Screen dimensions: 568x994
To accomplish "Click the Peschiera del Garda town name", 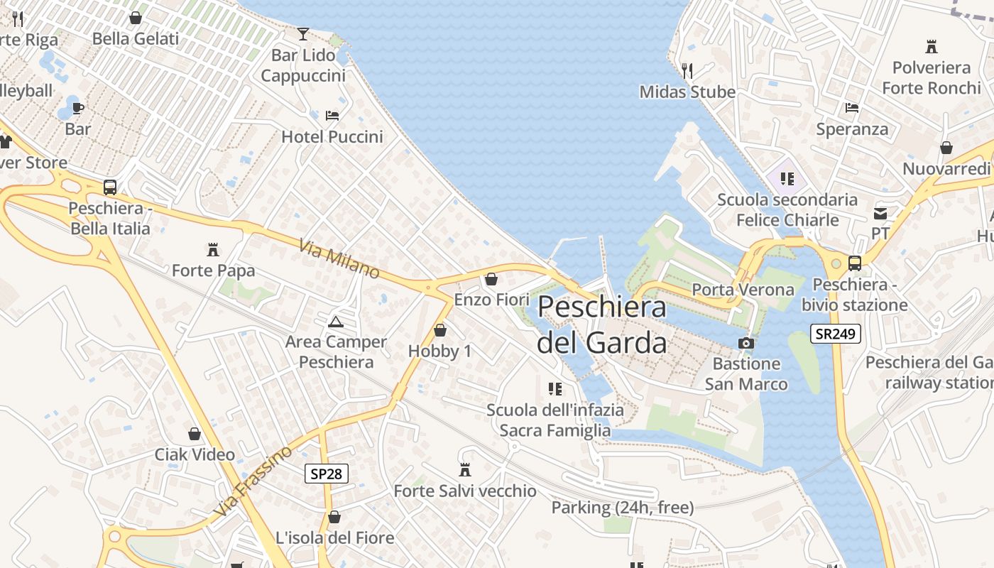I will tap(601, 324).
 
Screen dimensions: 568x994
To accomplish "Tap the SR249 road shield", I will tap(835, 334).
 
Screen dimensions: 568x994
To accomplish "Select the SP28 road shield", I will tap(327, 474).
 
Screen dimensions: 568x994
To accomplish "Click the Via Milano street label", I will tap(339, 259).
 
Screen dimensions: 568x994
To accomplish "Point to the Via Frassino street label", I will tap(252, 481).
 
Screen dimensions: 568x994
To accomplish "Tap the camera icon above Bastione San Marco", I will tap(745, 344).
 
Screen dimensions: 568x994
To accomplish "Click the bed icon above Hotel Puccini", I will tap(332, 115).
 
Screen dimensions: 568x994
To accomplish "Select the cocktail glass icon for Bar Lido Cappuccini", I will tap(303, 33).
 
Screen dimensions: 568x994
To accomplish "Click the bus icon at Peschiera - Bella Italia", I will tap(110, 187).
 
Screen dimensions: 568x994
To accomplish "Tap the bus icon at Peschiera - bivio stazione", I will tap(855, 263).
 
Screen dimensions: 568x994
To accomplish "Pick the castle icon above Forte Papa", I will tap(212, 249).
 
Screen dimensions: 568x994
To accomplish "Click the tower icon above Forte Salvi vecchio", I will tap(465, 469).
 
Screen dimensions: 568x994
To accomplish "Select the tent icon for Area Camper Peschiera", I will tap(336, 322).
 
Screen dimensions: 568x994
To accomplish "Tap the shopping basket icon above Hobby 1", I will tap(440, 330).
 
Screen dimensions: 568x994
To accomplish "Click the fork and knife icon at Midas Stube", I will tap(687, 70).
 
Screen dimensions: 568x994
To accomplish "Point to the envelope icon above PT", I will tap(880, 213).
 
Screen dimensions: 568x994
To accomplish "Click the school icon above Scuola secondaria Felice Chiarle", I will tap(787, 178).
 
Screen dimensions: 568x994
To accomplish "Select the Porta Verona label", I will tap(743, 290).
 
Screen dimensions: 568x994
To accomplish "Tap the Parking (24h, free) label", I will tap(623, 508).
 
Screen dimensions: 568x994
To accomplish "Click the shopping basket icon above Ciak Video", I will tap(195, 434).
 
